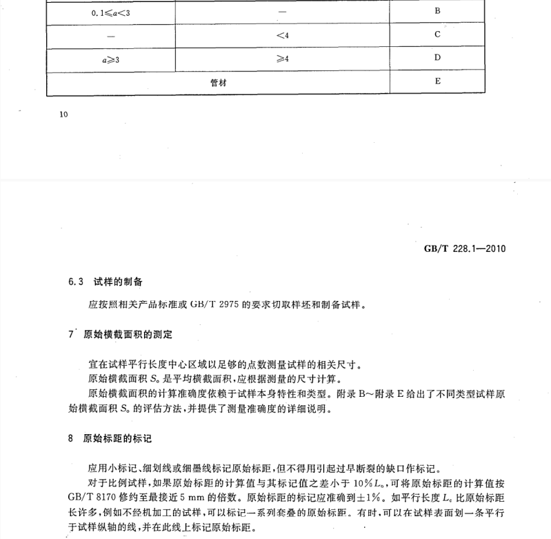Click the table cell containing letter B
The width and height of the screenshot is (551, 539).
tap(437, 11)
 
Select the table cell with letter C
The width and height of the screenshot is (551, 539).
tap(437, 34)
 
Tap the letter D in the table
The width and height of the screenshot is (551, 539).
tap(437, 57)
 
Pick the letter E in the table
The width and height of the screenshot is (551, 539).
tap(437, 81)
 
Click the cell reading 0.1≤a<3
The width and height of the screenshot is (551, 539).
tap(110, 12)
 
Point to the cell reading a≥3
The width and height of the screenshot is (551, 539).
tap(110, 58)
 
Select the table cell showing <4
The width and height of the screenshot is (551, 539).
tap(281, 35)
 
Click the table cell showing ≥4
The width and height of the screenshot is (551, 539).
tap(281, 58)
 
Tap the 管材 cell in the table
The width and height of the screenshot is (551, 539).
tap(219, 81)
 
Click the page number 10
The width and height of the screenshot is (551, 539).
tap(64, 115)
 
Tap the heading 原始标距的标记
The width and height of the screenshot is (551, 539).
tap(117, 438)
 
